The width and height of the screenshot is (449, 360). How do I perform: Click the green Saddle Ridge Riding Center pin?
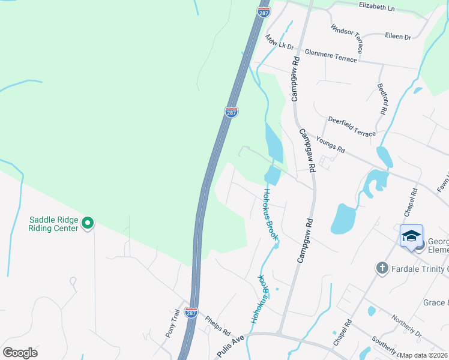coord(88,224)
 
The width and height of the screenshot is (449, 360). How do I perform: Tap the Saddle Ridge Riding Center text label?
coord(53,224)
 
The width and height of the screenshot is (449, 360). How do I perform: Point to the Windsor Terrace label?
coord(346,37)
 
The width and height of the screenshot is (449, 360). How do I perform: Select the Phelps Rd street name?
coord(217,324)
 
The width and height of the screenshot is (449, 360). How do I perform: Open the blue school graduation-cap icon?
coord(411,236)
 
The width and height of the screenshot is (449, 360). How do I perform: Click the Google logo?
coord(20,353)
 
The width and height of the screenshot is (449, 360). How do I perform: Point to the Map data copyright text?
coord(424,355)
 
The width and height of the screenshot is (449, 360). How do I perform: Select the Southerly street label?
coord(384,346)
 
